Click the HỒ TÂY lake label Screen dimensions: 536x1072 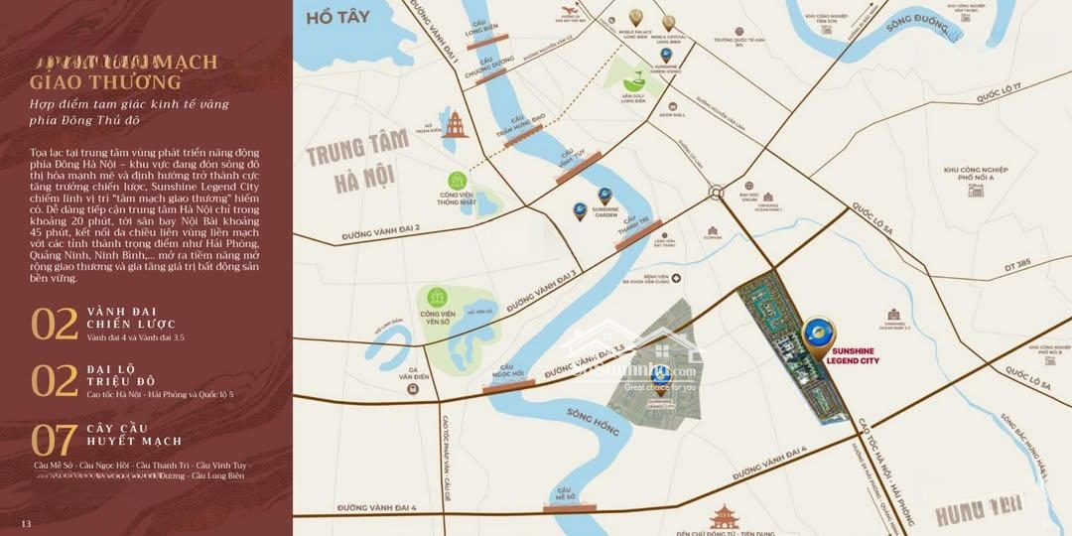click(x=332, y=17)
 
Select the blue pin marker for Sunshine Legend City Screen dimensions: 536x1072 click(x=819, y=336)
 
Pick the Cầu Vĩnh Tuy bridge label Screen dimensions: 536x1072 click(x=571, y=159)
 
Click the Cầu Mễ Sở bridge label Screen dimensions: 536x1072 click(x=565, y=493)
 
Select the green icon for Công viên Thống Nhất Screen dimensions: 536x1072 click(x=458, y=181)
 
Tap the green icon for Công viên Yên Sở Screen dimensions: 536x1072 click(x=436, y=297)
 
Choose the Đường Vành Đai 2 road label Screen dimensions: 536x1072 click(x=380, y=231)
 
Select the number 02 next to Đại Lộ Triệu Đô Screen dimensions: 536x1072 click(x=55, y=381)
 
